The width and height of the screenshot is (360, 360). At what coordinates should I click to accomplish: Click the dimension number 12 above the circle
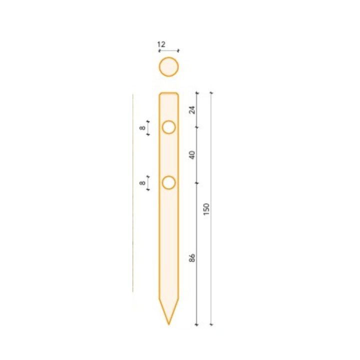point(161,44)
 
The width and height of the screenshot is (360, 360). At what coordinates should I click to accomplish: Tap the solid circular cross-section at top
point(169,67)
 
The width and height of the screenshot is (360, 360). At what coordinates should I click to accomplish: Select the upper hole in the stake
point(169,127)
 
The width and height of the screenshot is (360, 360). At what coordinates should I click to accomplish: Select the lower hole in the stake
point(169,183)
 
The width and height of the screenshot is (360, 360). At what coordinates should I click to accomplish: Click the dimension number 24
point(192,110)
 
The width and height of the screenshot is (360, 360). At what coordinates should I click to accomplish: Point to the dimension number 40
point(192,155)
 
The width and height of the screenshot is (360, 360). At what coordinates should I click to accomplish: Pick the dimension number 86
point(192,257)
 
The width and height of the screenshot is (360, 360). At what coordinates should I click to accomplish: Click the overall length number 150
point(206,209)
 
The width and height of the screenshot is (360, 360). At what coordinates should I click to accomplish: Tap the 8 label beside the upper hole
point(142,128)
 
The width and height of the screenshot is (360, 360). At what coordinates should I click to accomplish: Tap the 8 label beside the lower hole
point(142,183)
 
